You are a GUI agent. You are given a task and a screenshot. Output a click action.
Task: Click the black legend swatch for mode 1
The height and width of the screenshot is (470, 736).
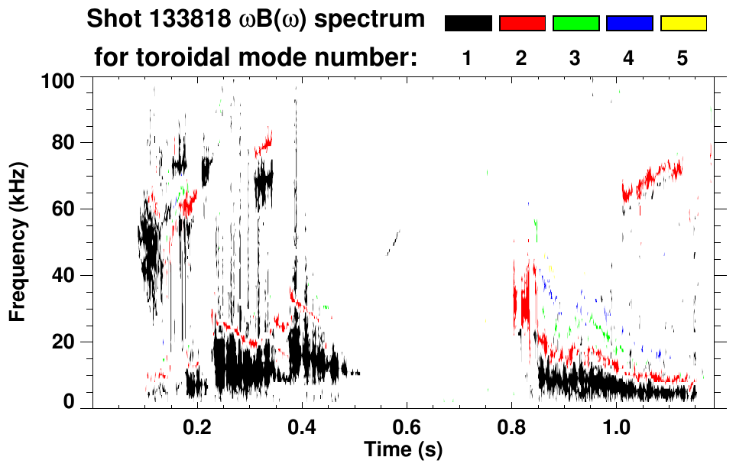(x=468, y=24)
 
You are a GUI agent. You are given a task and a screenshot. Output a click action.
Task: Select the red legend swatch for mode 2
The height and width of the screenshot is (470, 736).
(x=522, y=24)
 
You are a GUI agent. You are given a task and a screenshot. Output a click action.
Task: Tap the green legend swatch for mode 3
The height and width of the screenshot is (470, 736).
(x=576, y=24)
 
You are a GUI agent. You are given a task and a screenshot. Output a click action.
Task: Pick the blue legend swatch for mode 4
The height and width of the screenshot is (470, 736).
(x=629, y=24)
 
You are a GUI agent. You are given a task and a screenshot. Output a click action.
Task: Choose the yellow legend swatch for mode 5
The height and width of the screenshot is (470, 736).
(x=683, y=24)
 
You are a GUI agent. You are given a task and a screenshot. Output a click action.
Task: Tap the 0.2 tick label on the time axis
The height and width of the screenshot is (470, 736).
(x=197, y=425)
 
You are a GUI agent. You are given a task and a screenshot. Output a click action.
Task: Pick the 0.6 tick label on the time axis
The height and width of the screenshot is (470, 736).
(x=407, y=425)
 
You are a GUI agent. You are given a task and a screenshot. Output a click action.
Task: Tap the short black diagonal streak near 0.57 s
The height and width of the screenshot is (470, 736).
(x=393, y=243)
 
